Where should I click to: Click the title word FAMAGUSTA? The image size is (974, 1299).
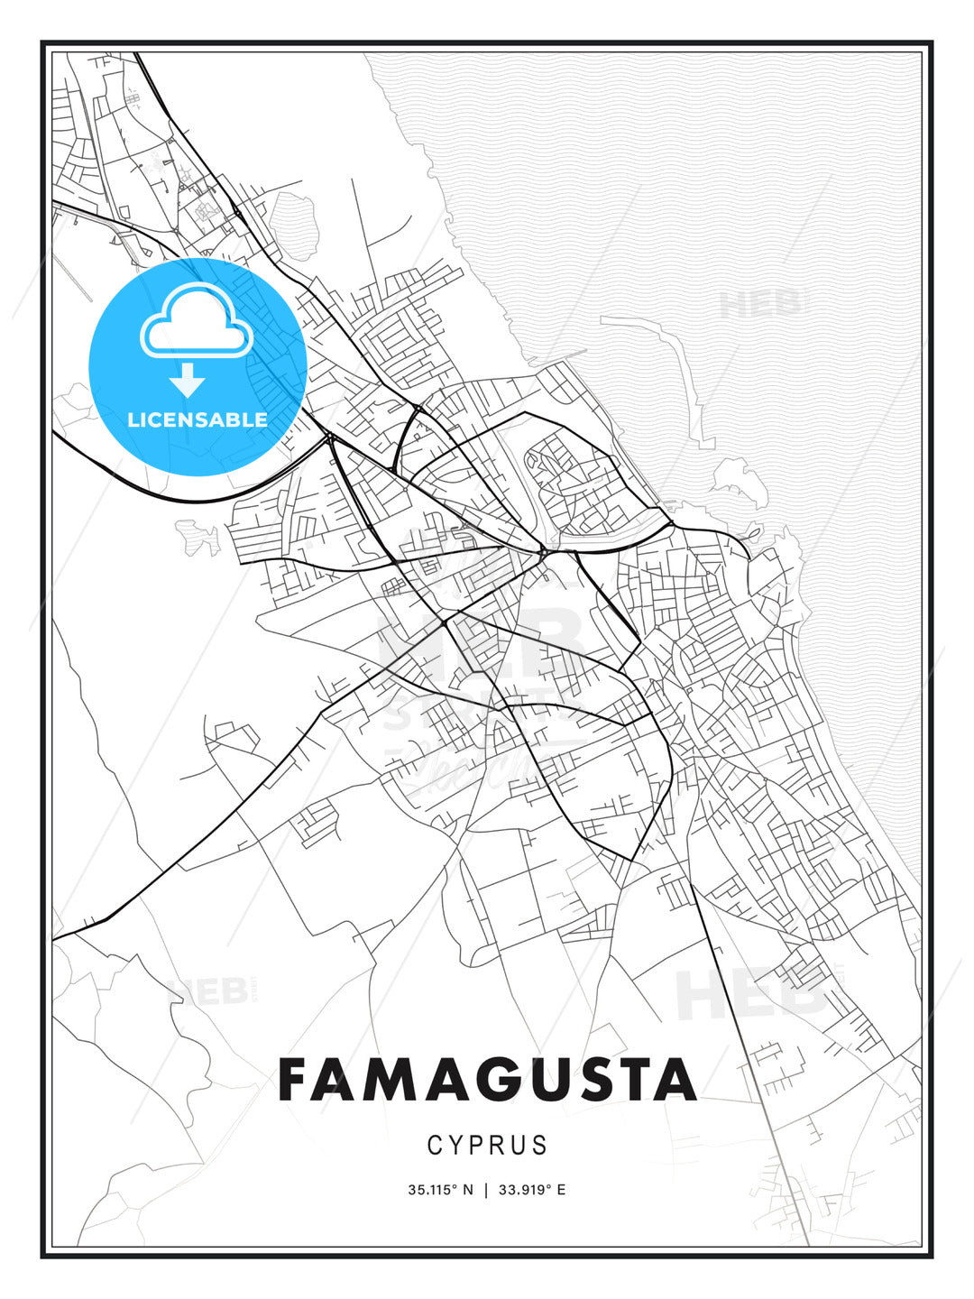487,1080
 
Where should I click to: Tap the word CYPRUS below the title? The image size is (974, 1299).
487,1146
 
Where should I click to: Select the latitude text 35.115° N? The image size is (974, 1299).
440,1190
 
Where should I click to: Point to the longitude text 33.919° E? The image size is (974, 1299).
532,1190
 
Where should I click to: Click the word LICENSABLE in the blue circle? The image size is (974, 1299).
198,419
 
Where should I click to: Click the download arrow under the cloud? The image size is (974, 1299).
188,379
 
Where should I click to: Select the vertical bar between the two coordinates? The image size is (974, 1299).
487,1190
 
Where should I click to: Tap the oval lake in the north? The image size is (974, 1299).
294,226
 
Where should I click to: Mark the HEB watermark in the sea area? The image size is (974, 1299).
760,305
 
